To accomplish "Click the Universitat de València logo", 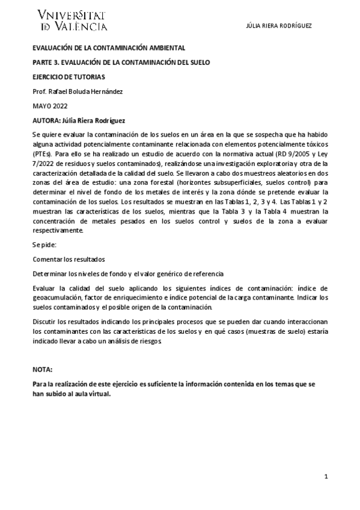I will (72, 20).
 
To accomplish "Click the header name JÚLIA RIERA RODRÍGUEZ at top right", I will (279, 26).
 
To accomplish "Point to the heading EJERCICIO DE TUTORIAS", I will (69, 77).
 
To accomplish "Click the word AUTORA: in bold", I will (46, 120).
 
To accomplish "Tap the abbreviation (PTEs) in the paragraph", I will (41, 153).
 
